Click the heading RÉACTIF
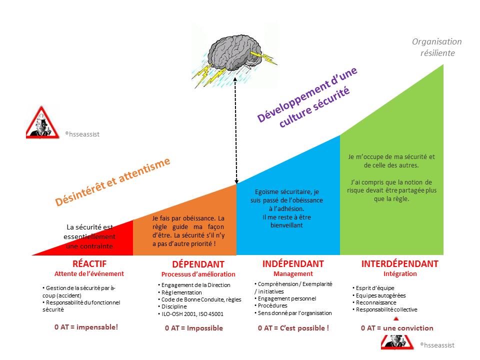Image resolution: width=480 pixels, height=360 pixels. (x=89, y=264)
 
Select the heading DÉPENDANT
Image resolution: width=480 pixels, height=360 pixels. (x=198, y=264)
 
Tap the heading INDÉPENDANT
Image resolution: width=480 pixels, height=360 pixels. (x=293, y=264)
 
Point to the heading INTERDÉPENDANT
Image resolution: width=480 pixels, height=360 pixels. (x=400, y=264)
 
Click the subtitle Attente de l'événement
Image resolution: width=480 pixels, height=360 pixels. (x=89, y=273)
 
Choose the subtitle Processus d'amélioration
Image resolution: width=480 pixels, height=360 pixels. (x=198, y=274)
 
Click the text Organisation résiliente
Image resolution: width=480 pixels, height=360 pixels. (x=437, y=47)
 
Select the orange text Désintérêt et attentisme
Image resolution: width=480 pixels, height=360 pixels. (x=112, y=182)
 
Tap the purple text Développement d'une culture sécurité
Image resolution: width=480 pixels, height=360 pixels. (x=307, y=96)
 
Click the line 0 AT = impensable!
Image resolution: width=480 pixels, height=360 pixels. (x=86, y=327)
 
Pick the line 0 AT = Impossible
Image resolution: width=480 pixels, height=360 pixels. (x=194, y=328)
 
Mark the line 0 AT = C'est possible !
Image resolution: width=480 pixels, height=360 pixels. (x=293, y=328)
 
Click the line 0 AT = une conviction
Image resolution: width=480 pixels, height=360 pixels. (x=397, y=328)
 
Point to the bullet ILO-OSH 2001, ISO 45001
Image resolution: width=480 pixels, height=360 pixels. (x=190, y=314)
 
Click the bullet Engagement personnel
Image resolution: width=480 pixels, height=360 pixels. (x=285, y=298)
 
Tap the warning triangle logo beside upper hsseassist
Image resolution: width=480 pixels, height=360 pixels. (x=42, y=123)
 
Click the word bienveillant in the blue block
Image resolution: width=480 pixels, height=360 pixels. (x=286, y=225)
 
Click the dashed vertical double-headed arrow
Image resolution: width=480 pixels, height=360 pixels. (x=235, y=130)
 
